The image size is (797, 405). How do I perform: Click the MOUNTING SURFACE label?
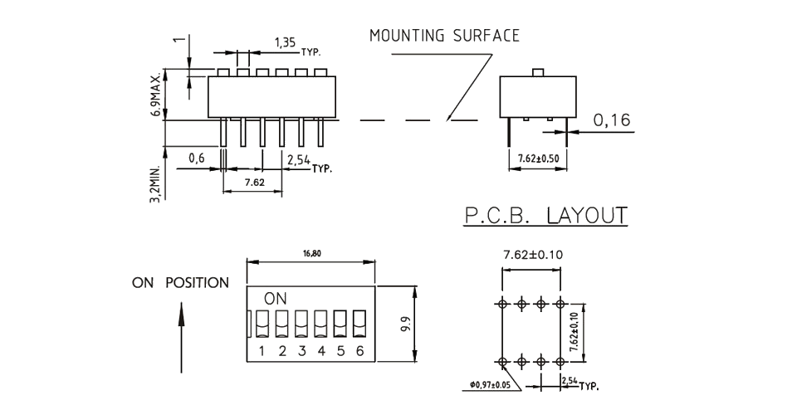click(x=444, y=36)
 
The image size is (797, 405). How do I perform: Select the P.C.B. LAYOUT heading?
click(x=545, y=216)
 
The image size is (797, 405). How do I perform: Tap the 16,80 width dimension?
click(x=312, y=253)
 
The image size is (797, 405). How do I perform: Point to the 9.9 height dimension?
click(x=405, y=324)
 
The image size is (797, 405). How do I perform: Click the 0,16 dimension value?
click(x=612, y=121)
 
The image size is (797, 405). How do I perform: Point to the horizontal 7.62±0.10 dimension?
click(x=533, y=255)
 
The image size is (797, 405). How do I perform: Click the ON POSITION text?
click(x=180, y=283)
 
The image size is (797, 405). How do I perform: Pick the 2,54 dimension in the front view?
click(x=298, y=159)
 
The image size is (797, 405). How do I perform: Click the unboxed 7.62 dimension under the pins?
click(x=254, y=182)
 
